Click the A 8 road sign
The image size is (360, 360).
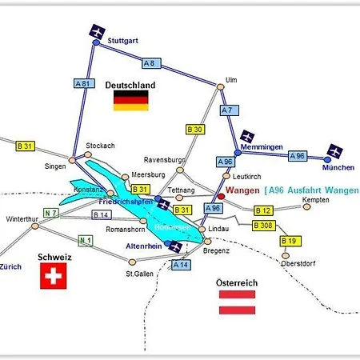click(x=150, y=62)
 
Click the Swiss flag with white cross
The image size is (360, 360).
click(x=54, y=278)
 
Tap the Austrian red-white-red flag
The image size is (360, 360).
click(x=237, y=301)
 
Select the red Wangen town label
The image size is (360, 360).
click(x=243, y=190)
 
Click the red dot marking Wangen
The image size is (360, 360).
click(x=221, y=195)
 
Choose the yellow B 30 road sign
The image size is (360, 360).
click(x=194, y=129)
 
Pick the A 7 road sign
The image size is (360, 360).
click(x=226, y=110)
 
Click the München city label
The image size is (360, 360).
click(x=337, y=169)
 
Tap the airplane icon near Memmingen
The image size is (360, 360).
click(x=249, y=134)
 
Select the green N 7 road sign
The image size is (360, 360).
click(x=51, y=213)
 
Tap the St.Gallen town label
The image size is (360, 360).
click(x=140, y=274)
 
